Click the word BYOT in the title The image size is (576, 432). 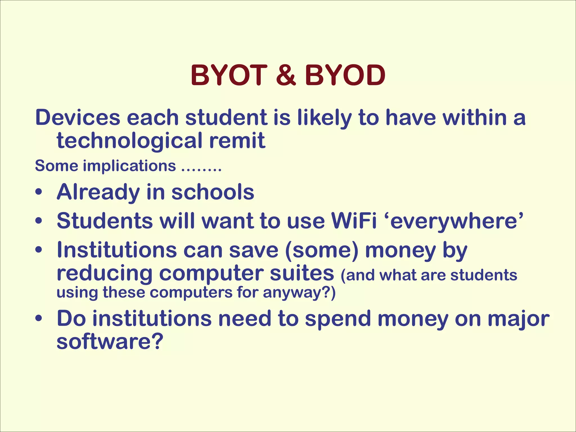(x=229, y=75)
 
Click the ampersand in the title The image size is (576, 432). (x=286, y=75)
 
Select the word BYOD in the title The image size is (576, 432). (x=345, y=75)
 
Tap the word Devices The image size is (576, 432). (x=78, y=118)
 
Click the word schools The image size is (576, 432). (x=213, y=192)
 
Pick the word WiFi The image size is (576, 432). (x=354, y=221)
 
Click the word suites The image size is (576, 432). (x=302, y=273)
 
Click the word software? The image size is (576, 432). (x=110, y=341)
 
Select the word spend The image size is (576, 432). (x=338, y=319)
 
